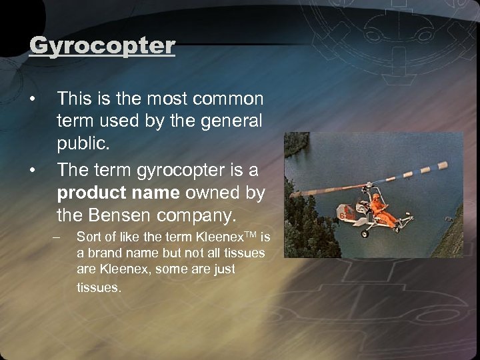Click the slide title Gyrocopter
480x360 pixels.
pos(102,46)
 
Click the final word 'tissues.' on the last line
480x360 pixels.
pos(99,289)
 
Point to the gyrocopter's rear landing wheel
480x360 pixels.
pos(363,234)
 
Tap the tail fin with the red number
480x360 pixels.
pos(341,216)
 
